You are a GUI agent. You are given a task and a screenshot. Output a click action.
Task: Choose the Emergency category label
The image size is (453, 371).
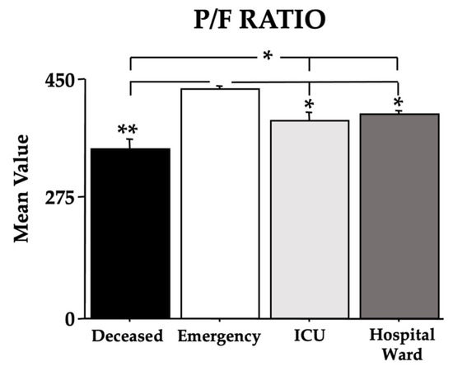coord(221,336)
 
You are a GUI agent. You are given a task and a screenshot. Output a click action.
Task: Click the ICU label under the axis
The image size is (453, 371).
coord(309,336)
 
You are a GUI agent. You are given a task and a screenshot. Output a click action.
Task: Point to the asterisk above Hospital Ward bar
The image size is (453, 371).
coord(398,102)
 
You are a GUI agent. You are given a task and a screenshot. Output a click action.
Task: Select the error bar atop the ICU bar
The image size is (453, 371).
coord(309,115)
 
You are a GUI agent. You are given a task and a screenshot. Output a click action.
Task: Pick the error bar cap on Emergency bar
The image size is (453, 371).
coord(220,87)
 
